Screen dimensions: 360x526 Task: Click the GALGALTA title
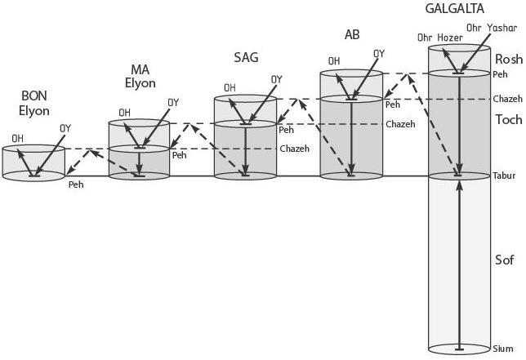tap(455, 9)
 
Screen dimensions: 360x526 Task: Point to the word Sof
tap(504, 260)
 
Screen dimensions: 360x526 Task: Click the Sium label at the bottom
tap(503, 349)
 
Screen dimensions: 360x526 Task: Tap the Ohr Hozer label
tap(434, 38)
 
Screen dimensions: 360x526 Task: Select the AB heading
tap(352, 34)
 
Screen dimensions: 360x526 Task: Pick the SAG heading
tap(247, 57)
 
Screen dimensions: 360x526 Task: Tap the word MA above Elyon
tap(139, 69)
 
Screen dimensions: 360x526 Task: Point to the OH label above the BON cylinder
tap(17, 138)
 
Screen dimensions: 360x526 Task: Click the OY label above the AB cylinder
tap(379, 54)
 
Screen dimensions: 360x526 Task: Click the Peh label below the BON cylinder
tap(76, 184)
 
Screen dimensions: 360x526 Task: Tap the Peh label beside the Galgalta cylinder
tap(500, 74)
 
